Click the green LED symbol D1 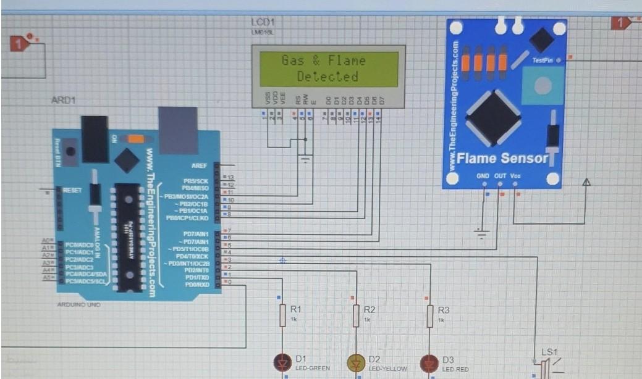click(282, 362)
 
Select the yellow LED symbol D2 click(355, 363)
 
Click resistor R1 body click(282, 315)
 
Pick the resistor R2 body click(356, 315)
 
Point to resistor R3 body click(430, 315)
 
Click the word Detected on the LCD click(327, 77)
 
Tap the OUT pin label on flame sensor click(500, 176)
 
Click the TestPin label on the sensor click(543, 60)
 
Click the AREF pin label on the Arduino click(200, 166)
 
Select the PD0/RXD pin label click(198, 284)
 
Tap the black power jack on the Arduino click(95, 140)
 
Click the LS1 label click(549, 352)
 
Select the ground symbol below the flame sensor click(481, 233)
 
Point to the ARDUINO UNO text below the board click(78, 305)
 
